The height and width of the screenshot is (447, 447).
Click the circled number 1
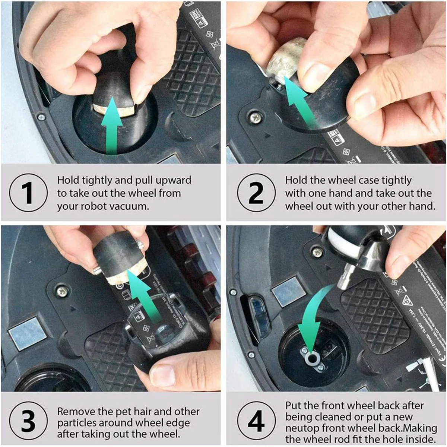[28, 193]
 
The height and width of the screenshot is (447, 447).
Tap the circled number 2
[256, 193]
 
